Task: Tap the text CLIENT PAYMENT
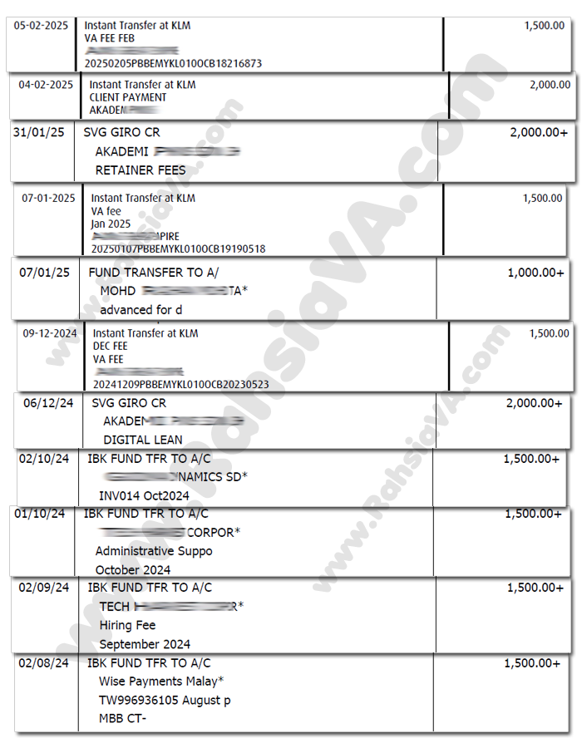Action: click(x=128, y=97)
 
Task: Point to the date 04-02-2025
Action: click(x=46, y=85)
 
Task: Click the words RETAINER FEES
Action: click(x=141, y=170)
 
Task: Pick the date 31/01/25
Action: click(x=40, y=133)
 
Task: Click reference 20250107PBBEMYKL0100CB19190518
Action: click(x=180, y=249)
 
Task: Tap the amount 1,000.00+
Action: click(x=535, y=273)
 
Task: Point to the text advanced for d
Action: click(x=141, y=310)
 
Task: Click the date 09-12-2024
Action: click(x=50, y=333)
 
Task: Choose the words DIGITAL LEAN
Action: click(x=143, y=440)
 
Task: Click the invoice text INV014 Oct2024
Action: click(x=144, y=496)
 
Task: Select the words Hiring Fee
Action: click(x=127, y=625)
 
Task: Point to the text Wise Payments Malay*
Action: click(x=161, y=682)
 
